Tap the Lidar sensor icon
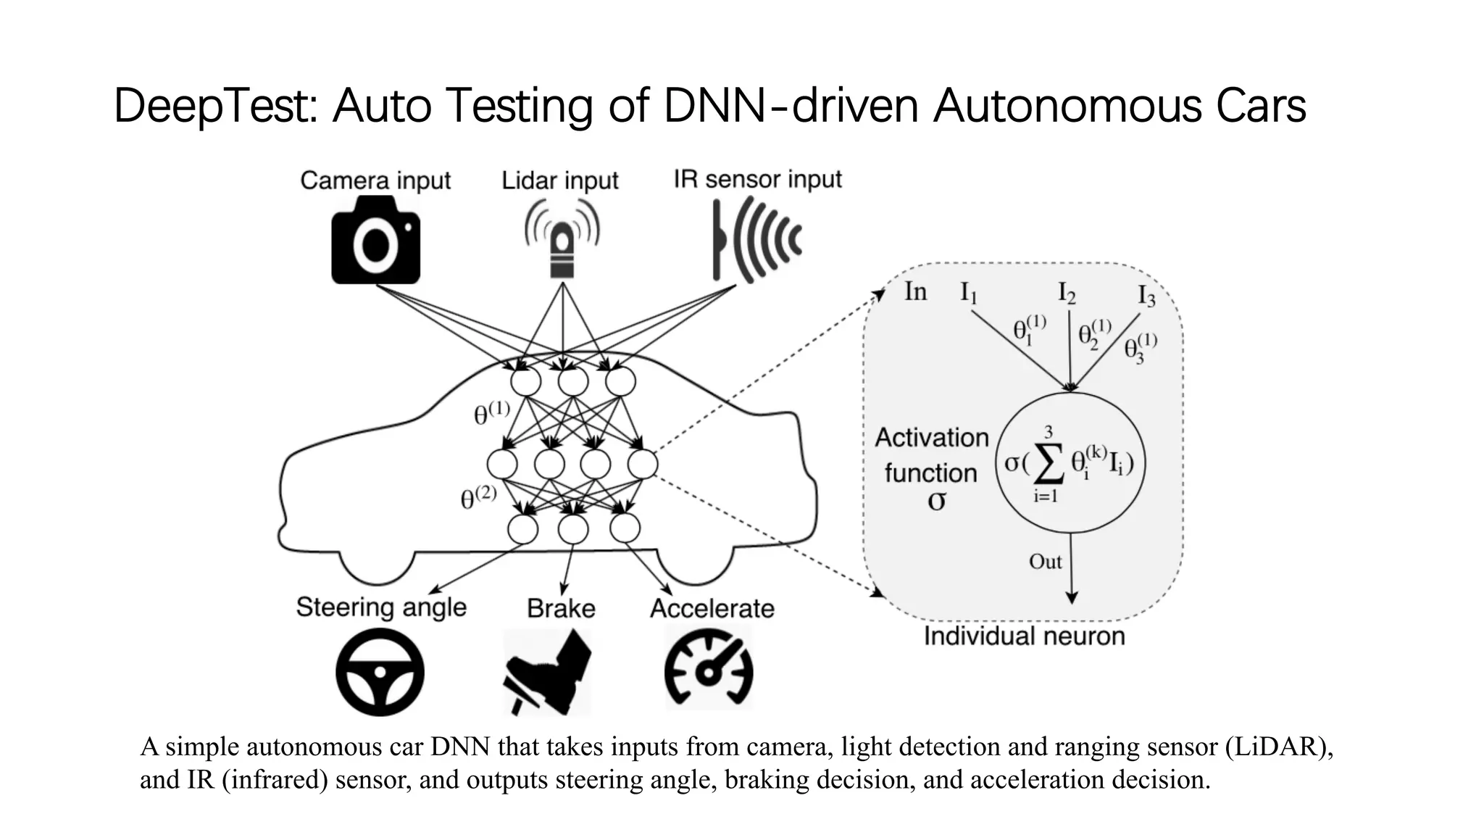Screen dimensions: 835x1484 562,239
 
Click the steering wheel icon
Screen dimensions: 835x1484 380,672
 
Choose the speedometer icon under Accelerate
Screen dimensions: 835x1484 709,668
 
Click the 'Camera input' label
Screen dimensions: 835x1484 375,180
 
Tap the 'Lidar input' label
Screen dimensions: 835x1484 560,180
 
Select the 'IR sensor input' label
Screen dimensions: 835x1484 757,179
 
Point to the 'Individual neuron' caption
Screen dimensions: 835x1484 1024,636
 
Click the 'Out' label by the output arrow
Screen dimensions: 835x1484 1045,562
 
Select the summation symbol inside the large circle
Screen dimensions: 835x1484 1049,464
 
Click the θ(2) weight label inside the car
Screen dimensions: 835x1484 479,498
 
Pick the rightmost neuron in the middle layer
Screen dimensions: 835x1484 643,464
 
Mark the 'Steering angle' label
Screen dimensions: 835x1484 381,607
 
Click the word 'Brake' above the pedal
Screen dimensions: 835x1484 561,608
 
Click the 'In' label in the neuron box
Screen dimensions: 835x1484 915,291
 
